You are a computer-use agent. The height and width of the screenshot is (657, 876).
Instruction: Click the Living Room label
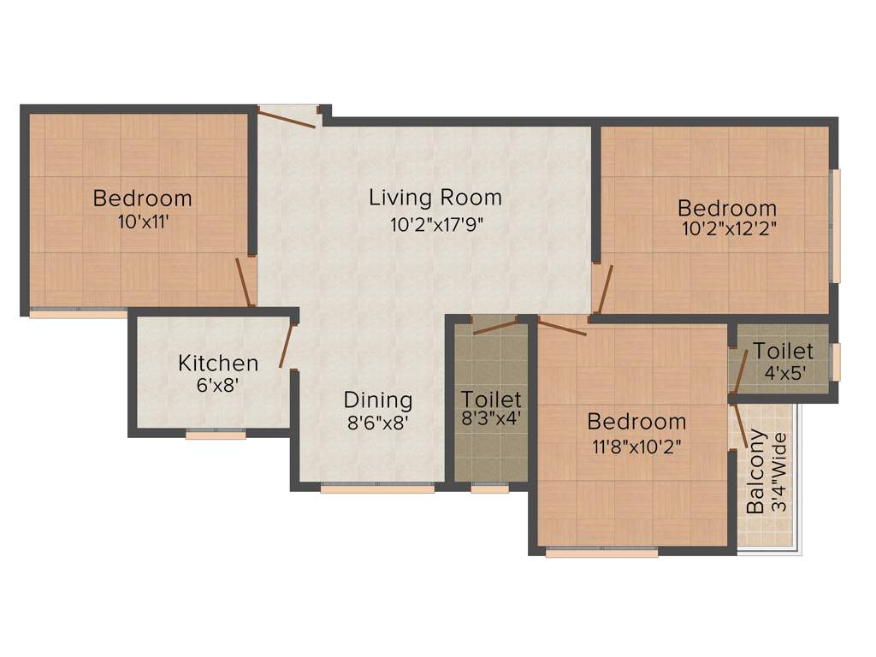pos(435,198)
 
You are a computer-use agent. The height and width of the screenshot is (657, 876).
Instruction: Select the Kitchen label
pos(217,363)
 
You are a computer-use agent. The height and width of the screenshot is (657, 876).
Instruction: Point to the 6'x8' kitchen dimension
pos(217,386)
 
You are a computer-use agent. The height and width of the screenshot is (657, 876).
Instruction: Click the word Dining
pos(378,400)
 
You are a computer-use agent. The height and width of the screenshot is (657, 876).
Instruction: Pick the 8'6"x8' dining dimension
pos(378,423)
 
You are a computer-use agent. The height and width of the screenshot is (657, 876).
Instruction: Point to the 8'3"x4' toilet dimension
pos(491,420)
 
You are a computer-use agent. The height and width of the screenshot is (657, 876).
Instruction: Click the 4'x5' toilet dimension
pos(783,373)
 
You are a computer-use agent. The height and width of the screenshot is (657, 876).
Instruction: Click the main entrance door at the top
pos(287,116)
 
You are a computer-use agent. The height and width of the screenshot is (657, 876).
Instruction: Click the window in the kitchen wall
pos(216,434)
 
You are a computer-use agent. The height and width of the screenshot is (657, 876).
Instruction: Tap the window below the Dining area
pos(377,488)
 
